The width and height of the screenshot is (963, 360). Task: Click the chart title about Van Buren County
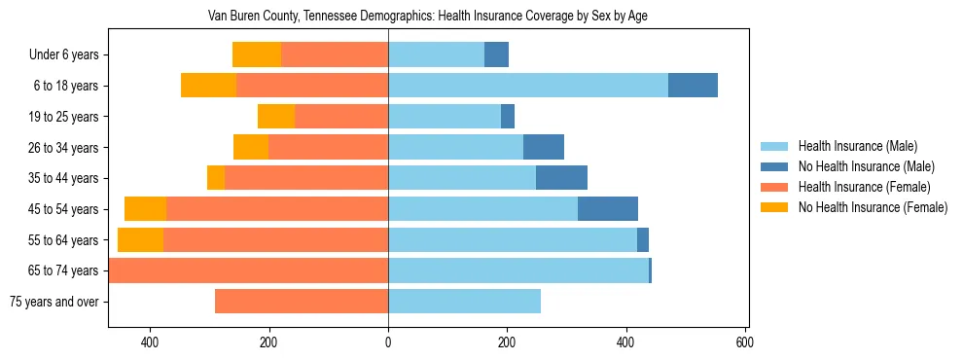pos(428,17)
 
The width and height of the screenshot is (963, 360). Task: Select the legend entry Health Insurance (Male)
pos(857,146)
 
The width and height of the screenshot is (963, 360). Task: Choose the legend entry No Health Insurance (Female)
pos(873,207)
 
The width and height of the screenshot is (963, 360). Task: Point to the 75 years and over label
pos(54,302)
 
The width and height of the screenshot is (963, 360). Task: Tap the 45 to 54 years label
pos(64,209)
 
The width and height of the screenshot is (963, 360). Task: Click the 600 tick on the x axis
pos(745,342)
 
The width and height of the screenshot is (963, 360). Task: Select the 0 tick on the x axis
pos(388,342)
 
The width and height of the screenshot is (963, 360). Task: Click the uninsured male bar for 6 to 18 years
pos(693,86)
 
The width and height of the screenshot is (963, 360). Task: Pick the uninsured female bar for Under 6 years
pos(257,55)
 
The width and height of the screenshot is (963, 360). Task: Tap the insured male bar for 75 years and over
pos(464,302)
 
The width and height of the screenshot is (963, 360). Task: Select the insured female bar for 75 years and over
pos(302,302)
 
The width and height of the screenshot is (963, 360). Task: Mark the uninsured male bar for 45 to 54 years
pos(608,209)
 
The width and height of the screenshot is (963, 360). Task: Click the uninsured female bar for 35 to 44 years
pos(216,178)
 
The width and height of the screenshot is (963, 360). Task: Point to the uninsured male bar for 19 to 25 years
pos(508,117)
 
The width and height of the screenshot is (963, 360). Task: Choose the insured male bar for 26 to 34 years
pos(455,147)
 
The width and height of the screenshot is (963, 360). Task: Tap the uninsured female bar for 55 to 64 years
pos(140,240)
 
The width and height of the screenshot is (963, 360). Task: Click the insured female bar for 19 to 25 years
pos(341,117)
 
